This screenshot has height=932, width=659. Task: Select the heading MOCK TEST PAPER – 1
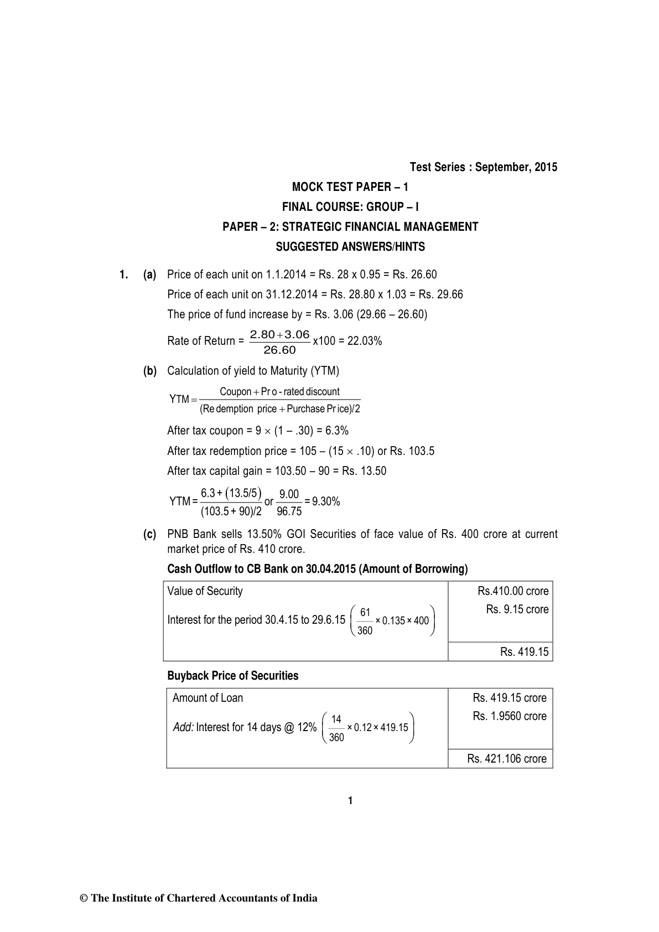click(350, 187)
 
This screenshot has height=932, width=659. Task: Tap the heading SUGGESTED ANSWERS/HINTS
click(350, 247)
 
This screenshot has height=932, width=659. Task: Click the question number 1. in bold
click(123, 275)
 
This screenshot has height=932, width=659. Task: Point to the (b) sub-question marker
click(149, 371)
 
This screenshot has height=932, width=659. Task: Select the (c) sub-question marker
click(149, 535)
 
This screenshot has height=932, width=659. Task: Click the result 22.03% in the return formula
click(365, 341)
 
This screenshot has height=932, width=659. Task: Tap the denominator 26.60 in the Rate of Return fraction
click(279, 350)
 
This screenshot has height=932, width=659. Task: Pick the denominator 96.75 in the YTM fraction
click(289, 511)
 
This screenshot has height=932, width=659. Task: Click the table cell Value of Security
click(205, 591)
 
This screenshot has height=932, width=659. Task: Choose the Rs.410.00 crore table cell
click(513, 591)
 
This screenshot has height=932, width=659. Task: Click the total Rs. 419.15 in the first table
click(524, 652)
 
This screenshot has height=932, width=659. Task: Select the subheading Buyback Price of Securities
click(232, 676)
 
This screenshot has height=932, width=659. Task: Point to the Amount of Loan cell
click(207, 698)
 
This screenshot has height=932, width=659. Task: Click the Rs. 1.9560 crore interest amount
click(509, 716)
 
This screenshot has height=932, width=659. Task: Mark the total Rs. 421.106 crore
click(506, 759)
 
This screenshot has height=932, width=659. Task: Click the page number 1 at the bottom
click(350, 801)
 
